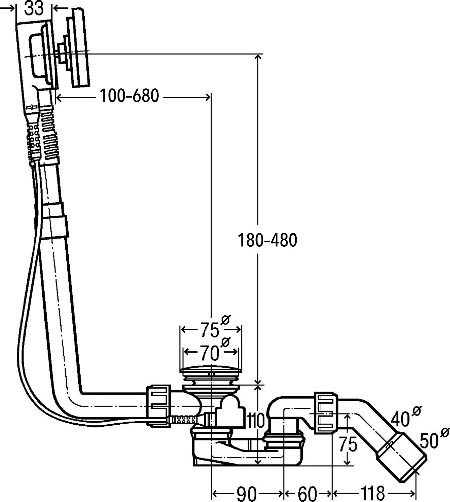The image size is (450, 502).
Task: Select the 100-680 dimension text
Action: [129, 96]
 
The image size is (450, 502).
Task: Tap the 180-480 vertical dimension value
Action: [267, 240]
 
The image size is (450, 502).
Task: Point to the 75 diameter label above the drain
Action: [210, 330]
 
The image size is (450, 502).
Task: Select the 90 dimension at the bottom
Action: [246, 493]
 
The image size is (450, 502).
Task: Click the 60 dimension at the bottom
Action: [307, 493]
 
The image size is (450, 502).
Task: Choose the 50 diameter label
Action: [429, 441]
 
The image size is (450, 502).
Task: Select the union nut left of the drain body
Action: [158, 406]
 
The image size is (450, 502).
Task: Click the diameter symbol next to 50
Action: [445, 433]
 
